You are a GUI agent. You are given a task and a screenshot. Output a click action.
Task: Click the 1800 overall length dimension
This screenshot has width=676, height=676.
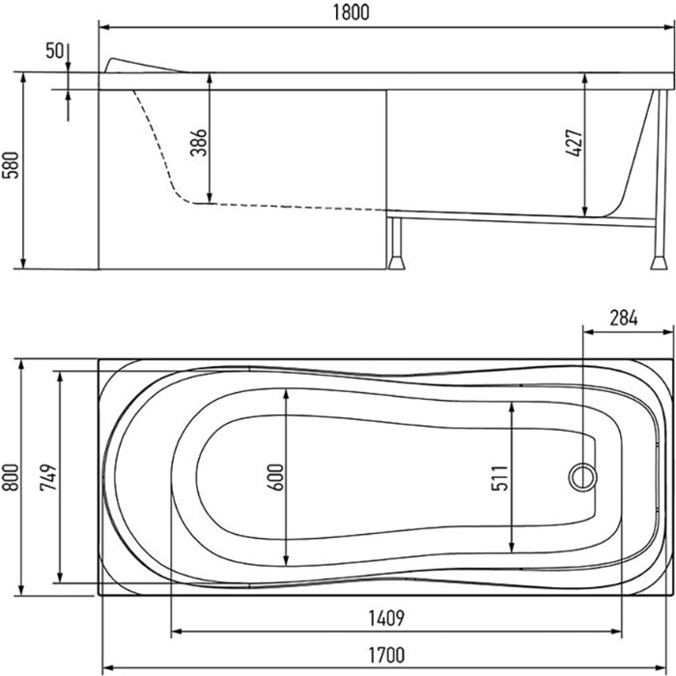(x=351, y=13)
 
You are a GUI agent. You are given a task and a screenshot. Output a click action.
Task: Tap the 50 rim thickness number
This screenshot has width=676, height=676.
(x=55, y=51)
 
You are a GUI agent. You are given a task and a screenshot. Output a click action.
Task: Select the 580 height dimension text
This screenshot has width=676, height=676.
(x=11, y=165)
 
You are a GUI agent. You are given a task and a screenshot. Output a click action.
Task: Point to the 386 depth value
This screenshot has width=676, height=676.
(x=199, y=142)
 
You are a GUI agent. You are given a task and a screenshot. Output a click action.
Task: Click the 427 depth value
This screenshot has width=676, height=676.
(x=574, y=143)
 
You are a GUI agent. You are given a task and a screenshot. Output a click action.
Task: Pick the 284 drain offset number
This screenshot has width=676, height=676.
(x=624, y=318)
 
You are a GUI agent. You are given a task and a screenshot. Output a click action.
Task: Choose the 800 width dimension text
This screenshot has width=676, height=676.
(x=11, y=477)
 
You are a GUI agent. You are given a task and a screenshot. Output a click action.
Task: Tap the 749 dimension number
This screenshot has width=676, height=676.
(x=48, y=477)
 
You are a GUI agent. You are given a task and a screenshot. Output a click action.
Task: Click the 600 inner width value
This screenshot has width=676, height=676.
(x=276, y=477)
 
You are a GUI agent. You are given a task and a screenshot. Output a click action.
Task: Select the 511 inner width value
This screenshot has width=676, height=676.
(x=500, y=478)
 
